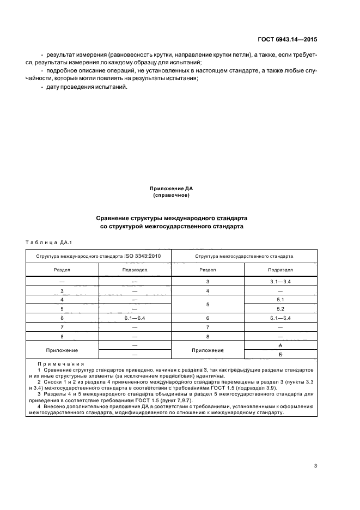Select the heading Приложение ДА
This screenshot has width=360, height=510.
click(172, 189)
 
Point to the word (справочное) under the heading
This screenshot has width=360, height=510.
click(172, 195)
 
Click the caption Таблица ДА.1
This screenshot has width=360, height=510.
click(45, 242)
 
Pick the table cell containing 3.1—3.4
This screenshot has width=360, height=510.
click(280, 282)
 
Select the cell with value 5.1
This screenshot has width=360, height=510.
click(280, 300)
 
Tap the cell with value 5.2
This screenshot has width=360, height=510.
click(280, 308)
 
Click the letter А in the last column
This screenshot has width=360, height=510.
click(280, 345)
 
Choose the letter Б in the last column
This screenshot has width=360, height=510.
click(280, 355)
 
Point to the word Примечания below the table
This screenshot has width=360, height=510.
click(57, 364)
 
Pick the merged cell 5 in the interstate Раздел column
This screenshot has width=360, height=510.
click(208, 304)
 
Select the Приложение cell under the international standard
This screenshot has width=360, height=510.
click(62, 350)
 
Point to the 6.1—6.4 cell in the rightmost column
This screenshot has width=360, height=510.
click(280, 318)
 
